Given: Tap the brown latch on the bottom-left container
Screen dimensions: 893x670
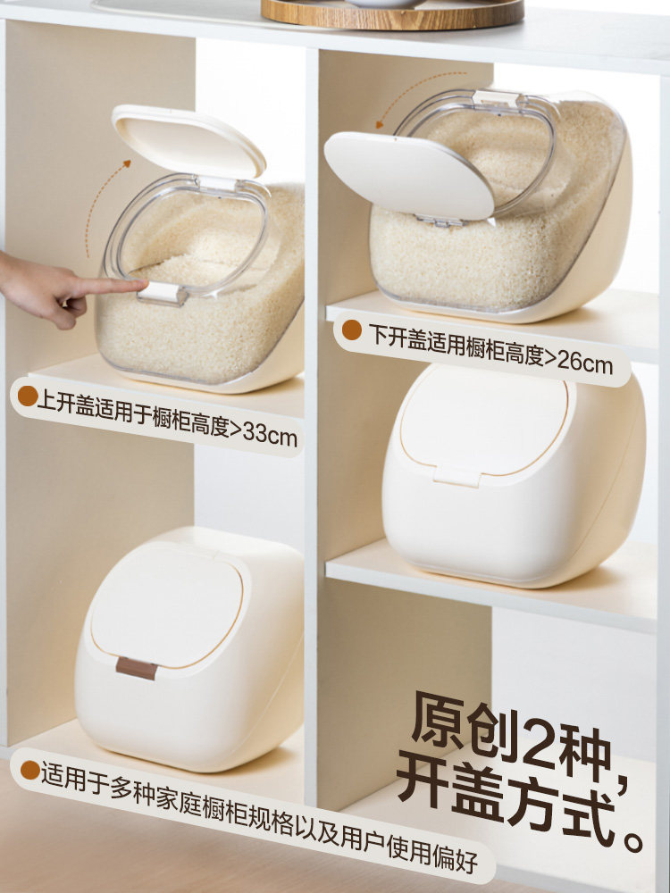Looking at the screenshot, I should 136,667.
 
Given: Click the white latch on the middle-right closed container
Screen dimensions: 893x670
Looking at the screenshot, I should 456,475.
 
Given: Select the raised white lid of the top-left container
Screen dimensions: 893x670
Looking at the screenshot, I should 188,140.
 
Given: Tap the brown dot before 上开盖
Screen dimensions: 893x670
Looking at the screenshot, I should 27,396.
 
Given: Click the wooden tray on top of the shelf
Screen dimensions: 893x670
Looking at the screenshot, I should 393,13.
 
